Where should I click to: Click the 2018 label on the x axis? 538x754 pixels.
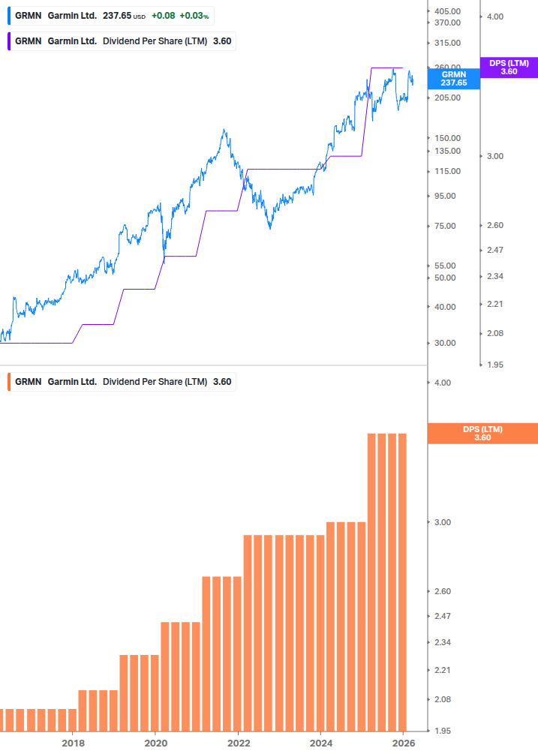[x=73, y=743]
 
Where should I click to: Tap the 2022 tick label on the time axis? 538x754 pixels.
[x=238, y=743]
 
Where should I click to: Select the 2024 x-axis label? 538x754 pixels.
[x=320, y=743]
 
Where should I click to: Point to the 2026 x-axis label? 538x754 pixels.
[x=403, y=743]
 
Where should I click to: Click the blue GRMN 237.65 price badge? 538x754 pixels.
[x=453, y=79]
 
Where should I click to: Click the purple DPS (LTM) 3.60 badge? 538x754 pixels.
[x=509, y=68]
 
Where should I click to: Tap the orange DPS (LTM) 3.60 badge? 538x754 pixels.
[x=482, y=433]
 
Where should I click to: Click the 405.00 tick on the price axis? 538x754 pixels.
[x=447, y=11]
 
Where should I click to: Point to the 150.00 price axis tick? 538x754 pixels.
[x=447, y=138]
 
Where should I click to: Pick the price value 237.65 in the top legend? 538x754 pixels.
[x=116, y=15]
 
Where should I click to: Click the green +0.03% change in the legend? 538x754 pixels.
[x=194, y=15]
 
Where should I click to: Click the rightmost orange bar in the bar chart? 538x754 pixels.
[x=401, y=581]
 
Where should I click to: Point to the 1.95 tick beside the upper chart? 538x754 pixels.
[x=495, y=365]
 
